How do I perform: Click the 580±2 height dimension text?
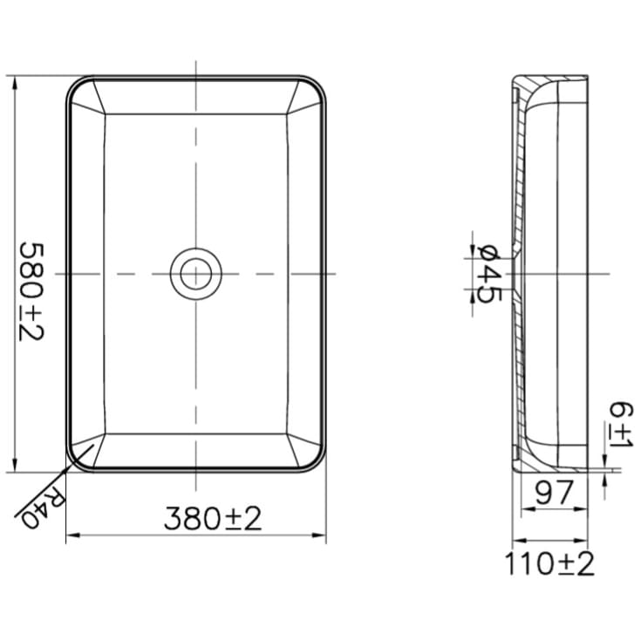(x=31, y=292)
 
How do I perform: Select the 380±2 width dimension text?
(x=213, y=518)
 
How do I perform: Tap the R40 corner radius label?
(x=44, y=507)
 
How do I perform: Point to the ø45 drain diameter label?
(x=489, y=274)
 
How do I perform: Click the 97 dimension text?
(x=555, y=493)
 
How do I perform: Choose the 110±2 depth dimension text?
(x=549, y=563)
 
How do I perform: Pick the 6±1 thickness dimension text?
(x=621, y=425)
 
